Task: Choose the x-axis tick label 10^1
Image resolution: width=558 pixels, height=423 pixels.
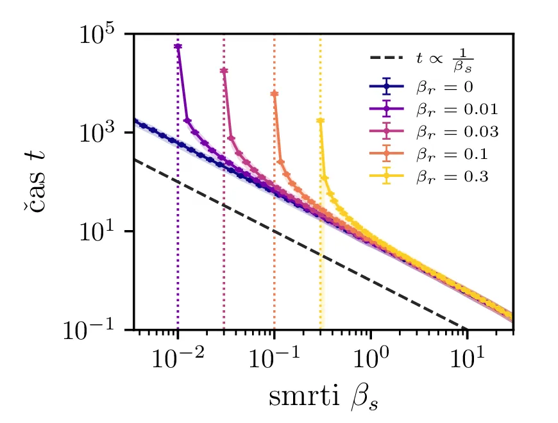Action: point(466,360)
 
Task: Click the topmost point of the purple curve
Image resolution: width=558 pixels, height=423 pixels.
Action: point(178,47)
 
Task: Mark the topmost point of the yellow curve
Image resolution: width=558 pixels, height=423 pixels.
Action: point(320,120)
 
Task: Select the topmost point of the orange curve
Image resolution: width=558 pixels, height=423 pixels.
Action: point(274,94)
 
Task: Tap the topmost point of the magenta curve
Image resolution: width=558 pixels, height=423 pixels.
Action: point(224,70)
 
